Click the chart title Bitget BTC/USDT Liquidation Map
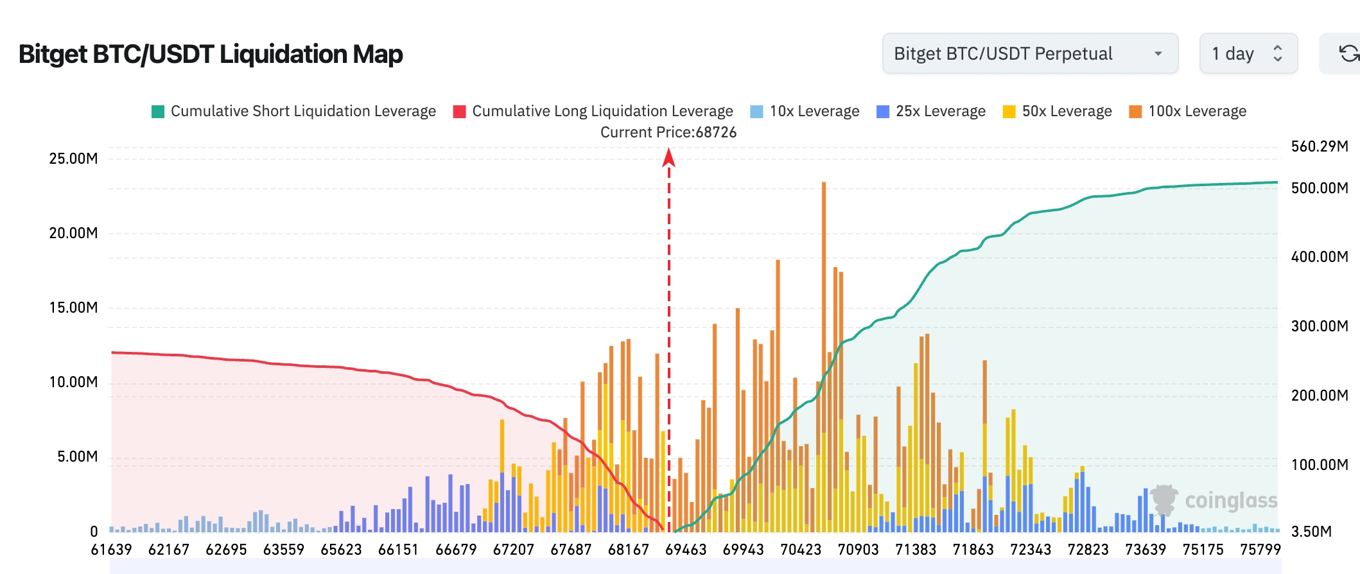pos(211,54)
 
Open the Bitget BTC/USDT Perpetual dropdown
pos(1029,53)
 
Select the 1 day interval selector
pos(1248,53)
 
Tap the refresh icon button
pos(1347,53)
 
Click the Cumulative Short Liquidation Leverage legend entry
pos(293,111)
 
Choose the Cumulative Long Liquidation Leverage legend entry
pos(593,111)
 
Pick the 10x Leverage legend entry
pos(805,111)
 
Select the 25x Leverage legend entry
pos(931,111)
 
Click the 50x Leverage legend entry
pos(1058,111)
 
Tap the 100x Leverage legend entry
pos(1188,111)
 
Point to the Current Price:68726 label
pos(668,132)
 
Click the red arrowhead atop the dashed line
pos(668,157)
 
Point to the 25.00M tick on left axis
pos(73,159)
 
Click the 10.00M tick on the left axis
pos(73,382)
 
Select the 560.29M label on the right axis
pos(1320,146)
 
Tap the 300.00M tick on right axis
pos(1320,326)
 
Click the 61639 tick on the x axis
pos(111,550)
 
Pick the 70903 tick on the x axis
pos(858,550)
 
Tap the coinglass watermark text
pos(1231,501)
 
